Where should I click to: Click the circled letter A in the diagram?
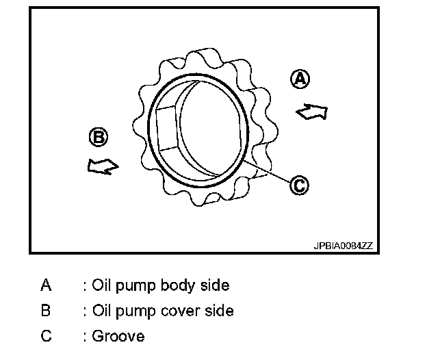pyautogui.click(x=300, y=79)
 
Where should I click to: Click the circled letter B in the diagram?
pyautogui.click(x=99, y=138)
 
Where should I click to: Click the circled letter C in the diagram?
pyautogui.click(x=299, y=183)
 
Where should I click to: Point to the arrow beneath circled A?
pyautogui.click(x=311, y=111)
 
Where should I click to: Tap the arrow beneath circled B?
pyautogui.click(x=103, y=166)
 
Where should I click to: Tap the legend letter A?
pyautogui.click(x=46, y=285)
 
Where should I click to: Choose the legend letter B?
pyautogui.click(x=46, y=311)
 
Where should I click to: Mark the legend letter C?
pyautogui.click(x=46, y=336)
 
